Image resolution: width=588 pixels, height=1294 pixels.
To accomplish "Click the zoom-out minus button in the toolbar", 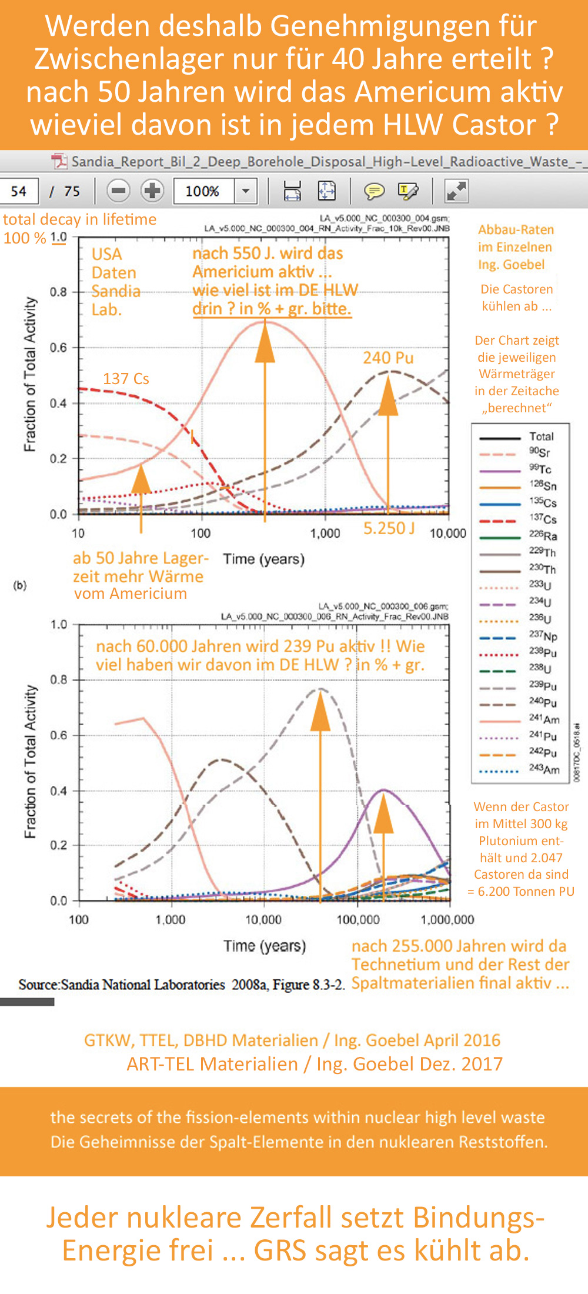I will point(118,191).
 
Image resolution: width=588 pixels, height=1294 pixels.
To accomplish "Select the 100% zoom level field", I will point(203,191).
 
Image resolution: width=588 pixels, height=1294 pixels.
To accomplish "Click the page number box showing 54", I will point(19,191).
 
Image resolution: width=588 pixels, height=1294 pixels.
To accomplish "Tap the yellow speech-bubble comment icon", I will point(374,191).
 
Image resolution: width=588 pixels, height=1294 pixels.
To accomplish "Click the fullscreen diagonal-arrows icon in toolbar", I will point(456,191).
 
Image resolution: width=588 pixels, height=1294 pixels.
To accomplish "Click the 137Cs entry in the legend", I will point(542,519).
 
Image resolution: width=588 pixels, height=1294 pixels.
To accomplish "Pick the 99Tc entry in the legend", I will point(540,469).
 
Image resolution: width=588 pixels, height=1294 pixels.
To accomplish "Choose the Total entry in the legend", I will point(541,436).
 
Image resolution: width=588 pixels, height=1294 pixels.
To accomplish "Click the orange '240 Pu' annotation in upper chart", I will point(388,358).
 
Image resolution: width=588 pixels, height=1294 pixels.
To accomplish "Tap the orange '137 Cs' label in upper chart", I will point(126,379).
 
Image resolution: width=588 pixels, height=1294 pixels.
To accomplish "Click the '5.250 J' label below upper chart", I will point(389,528).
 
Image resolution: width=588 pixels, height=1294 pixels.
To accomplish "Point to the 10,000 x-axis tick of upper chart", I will point(448,533).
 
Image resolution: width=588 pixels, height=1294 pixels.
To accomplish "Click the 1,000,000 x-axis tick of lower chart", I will point(447,919).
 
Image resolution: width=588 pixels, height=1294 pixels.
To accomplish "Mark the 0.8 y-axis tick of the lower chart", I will point(59,680).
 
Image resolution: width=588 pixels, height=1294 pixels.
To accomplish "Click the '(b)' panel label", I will point(20,585).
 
